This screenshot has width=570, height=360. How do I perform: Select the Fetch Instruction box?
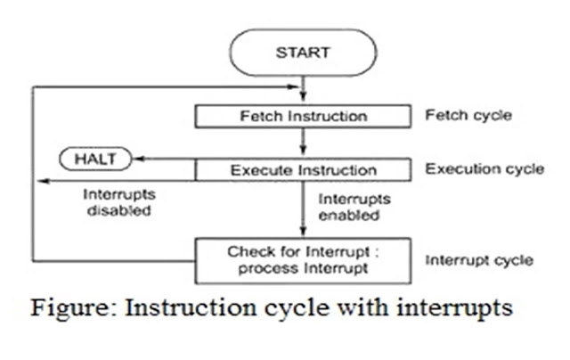(x=304, y=117)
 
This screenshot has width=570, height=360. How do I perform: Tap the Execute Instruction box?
(x=304, y=169)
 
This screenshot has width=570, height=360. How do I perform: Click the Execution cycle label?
(x=484, y=168)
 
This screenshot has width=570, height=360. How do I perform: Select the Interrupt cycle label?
(x=479, y=260)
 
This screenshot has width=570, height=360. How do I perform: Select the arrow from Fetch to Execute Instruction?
(x=304, y=143)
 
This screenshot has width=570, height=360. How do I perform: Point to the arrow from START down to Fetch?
(x=304, y=89)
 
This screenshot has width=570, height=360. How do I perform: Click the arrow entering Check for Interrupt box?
(x=304, y=227)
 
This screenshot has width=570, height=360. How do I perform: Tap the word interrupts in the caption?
(x=452, y=309)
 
